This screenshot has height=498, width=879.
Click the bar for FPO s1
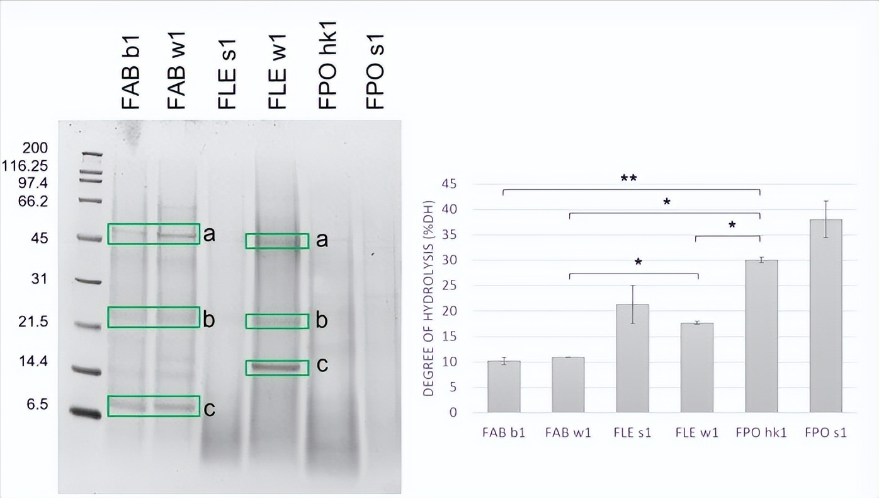[825, 316]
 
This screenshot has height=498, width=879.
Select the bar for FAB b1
[504, 386]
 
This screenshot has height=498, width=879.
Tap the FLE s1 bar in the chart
[632, 358]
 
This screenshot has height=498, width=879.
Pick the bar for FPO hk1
[761, 336]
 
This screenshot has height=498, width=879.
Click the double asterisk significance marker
[628, 179]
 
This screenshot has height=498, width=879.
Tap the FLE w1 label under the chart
[696, 433]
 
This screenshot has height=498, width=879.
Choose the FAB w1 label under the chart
[568, 433]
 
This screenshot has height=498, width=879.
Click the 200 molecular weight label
[35, 149]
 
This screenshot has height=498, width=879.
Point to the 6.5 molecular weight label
[37, 405]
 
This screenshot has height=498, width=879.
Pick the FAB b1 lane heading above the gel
[130, 74]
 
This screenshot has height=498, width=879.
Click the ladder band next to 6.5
[86, 412]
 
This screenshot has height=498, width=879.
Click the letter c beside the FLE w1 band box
[322, 366]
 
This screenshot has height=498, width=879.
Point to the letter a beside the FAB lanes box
[209, 235]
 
